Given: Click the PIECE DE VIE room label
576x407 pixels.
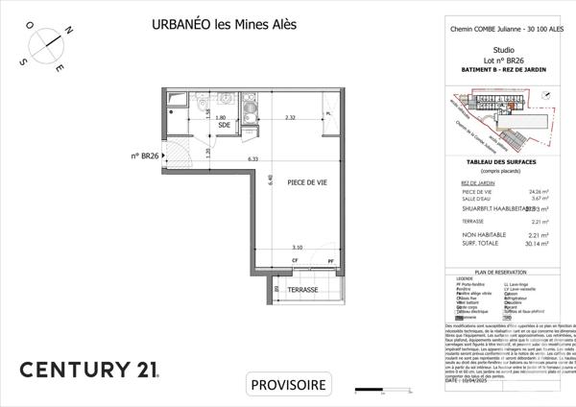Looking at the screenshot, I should click(x=294, y=181).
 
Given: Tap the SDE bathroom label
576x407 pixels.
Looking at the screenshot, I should click(x=224, y=126).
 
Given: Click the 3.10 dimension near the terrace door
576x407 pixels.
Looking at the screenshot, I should click(x=298, y=248).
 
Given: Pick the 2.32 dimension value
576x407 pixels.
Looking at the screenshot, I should click(x=290, y=118).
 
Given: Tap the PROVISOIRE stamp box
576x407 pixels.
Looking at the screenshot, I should click(x=288, y=385).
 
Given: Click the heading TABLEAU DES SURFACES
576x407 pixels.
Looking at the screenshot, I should click(x=503, y=164).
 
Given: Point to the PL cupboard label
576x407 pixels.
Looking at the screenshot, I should click(x=328, y=114).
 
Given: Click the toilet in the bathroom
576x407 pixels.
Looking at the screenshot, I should click(x=199, y=105).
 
